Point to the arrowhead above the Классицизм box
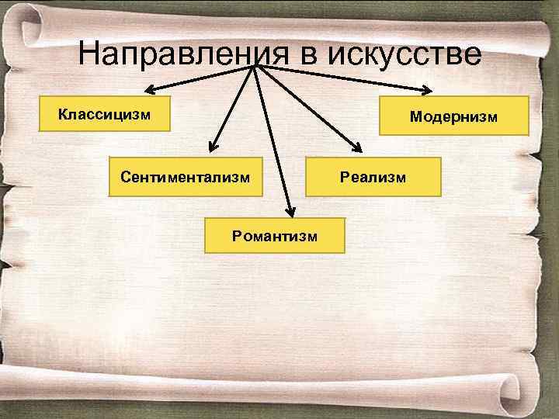148,88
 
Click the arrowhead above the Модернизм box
426,88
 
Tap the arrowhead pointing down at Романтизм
289,209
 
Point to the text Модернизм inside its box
453,116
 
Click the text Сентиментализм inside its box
186,177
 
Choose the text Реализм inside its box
373,177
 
